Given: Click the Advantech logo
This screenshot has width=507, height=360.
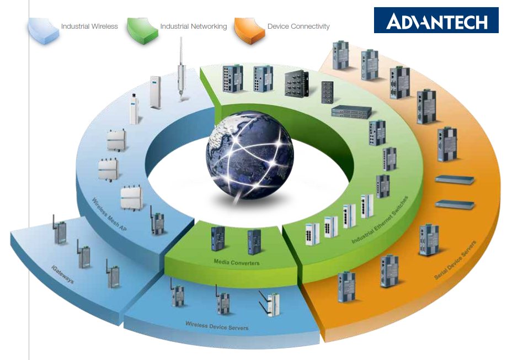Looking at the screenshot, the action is coord(436,20).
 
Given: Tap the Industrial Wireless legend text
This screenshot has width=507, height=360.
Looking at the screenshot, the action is coord(89,26).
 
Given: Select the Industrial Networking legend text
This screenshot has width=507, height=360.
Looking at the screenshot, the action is coord(194,26).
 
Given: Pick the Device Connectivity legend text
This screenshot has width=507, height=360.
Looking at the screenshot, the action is coord(298,26).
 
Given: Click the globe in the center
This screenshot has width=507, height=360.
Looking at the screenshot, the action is coord(249,155).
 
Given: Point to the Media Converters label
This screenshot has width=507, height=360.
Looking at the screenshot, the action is coord(237,262).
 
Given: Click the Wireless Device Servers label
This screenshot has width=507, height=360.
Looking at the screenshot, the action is coord(217,325).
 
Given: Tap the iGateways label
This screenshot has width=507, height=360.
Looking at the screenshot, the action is coord(63,274).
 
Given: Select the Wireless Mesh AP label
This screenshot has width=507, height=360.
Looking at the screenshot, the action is coord(109,214).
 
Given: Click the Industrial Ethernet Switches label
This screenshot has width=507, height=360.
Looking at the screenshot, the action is coord(380,220).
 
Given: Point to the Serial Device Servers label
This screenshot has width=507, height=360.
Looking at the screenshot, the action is coord(455,260).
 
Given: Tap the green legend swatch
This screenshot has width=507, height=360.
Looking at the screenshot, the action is coord(142,31).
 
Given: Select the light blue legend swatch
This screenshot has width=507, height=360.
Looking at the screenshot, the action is coord(44,31).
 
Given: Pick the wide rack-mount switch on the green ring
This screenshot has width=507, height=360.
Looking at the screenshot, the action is coord(351,112).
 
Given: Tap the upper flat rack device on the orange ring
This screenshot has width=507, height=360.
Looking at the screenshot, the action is coord(455,179).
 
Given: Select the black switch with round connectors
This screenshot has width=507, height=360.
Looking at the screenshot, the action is coord(296,83).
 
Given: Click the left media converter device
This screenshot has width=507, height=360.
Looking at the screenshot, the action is coord(218,239).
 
